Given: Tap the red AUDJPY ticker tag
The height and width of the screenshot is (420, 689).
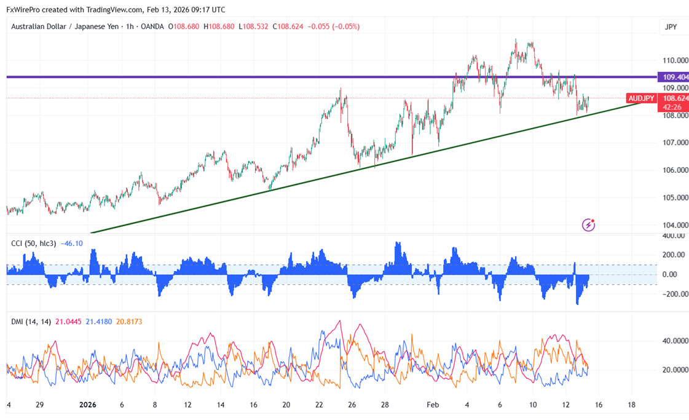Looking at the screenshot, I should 641,98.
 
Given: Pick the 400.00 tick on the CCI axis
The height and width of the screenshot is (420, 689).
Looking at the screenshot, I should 673,236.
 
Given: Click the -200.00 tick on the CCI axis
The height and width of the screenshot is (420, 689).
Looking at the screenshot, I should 672,294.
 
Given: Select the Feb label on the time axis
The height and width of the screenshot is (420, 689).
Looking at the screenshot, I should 434,406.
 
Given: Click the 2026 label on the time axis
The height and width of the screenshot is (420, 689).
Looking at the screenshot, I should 89,406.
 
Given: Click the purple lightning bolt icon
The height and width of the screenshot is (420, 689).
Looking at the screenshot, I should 589,225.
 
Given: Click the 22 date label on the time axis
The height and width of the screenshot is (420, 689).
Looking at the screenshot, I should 319,406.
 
